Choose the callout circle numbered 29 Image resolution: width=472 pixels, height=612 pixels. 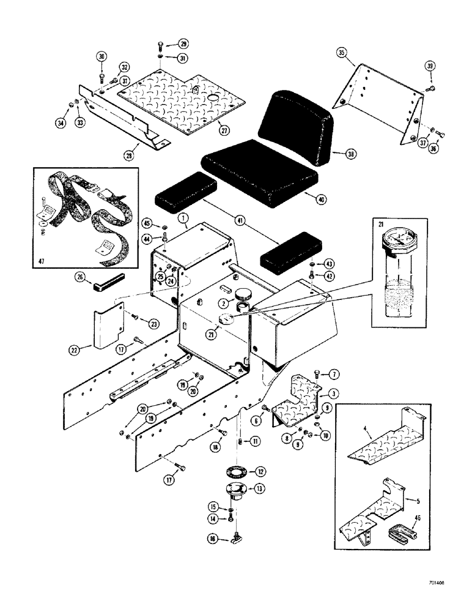[183, 43]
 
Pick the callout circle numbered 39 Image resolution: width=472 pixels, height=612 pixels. [429, 66]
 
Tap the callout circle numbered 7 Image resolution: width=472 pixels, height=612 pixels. [334, 373]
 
